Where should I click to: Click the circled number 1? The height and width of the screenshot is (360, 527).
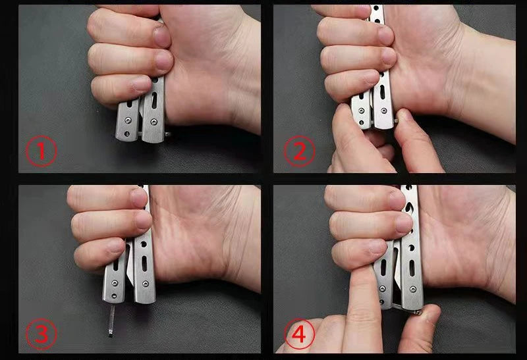[42, 151]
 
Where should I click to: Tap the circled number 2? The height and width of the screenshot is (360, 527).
[300, 151]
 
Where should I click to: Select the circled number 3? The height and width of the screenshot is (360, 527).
[42, 334]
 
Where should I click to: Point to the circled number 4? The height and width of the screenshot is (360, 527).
[300, 334]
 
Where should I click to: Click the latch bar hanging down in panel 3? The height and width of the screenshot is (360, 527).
[111, 320]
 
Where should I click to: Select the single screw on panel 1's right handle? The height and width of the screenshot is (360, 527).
[153, 122]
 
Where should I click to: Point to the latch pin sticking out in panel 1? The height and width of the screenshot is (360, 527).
[167, 135]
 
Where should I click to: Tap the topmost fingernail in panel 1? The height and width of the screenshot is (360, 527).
[162, 36]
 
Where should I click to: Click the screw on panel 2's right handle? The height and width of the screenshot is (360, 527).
[383, 111]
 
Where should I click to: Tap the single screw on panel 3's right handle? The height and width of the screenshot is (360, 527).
[145, 284]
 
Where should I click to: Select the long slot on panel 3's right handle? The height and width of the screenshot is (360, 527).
[144, 264]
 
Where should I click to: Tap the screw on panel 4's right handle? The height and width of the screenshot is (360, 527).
[414, 289]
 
